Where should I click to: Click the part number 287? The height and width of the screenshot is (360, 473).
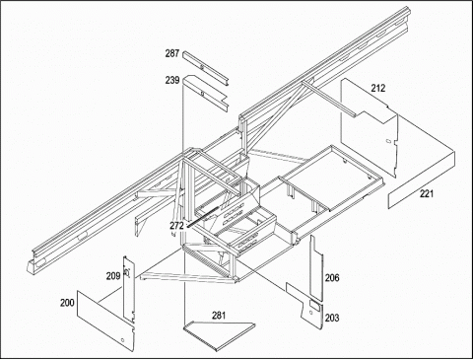pos(172,53)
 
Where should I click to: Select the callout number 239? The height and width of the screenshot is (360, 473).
pos(172,80)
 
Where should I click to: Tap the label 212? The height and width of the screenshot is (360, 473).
pos(378,88)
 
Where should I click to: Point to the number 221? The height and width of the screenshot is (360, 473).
pos(427,193)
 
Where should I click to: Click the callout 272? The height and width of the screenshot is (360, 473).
pos(176,226)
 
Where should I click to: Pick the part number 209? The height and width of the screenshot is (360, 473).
pos(113,276)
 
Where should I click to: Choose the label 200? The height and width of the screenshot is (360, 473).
pos(67,303)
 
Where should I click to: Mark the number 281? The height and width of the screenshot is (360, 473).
pos(219,316)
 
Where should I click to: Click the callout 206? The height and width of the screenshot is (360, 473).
pos(332,278)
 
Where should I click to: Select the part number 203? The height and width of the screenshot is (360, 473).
pos(332,318)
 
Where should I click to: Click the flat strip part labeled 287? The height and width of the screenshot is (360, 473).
pos(206,68)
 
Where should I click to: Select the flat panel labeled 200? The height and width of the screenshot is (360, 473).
pos(105,319)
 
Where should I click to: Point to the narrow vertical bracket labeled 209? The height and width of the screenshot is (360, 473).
pos(128,289)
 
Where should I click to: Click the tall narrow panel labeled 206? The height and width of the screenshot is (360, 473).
pos(316,268)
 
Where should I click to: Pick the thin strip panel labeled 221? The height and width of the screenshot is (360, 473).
pos(422,180)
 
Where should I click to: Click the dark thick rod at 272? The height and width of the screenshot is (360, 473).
pos(203,216)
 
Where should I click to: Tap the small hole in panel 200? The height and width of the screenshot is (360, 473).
pos(122,339)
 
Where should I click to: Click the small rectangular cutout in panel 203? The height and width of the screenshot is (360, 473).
pos(315,306)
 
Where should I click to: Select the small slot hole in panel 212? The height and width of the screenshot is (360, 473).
pos(387,141)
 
